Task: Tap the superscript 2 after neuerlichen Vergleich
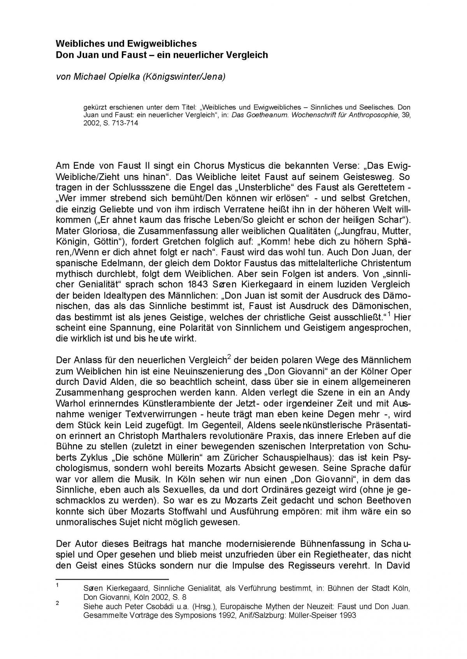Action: [x=229, y=357]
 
